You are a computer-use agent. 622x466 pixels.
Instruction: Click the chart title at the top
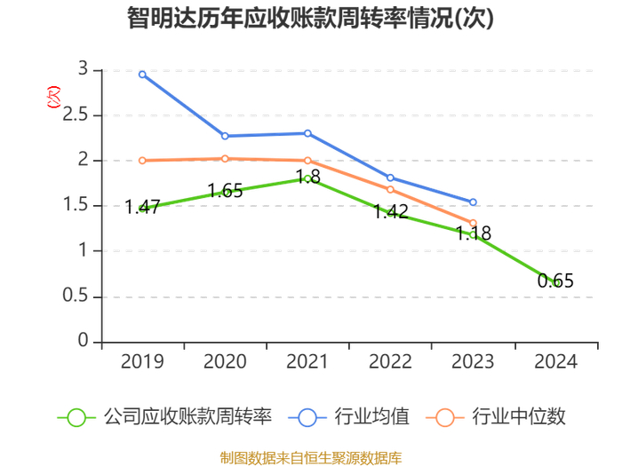pyautogui.click(x=310, y=18)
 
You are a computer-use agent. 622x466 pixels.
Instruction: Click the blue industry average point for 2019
pyautogui.click(x=142, y=75)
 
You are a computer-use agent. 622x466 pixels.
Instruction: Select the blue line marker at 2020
pyautogui.click(x=225, y=136)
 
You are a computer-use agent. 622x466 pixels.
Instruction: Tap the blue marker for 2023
pyautogui.click(x=473, y=202)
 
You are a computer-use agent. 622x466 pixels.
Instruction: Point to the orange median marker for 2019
pyautogui.click(x=142, y=161)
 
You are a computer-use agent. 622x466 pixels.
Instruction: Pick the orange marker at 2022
pyautogui.click(x=390, y=189)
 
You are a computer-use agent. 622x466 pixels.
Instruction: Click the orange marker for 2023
pyautogui.click(x=473, y=223)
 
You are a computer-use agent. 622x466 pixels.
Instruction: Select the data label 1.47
pyautogui.click(x=142, y=207)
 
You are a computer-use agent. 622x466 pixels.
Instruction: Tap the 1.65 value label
pyautogui.click(x=225, y=191)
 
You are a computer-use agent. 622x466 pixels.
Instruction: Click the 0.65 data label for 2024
pyautogui.click(x=555, y=281)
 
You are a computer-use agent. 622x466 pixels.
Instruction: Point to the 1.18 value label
pyautogui.click(x=473, y=233)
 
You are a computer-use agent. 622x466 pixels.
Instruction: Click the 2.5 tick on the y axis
pyautogui.click(x=76, y=115)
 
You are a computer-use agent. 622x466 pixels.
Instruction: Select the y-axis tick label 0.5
pyautogui.click(x=76, y=296)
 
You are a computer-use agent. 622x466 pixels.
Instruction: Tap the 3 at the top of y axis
pyautogui.click(x=83, y=69)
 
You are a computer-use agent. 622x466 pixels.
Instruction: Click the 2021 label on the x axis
pyautogui.click(x=307, y=362)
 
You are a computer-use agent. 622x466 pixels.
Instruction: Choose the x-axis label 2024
pyautogui.click(x=555, y=362)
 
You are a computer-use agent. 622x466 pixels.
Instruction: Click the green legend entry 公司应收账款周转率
pyautogui.click(x=165, y=417)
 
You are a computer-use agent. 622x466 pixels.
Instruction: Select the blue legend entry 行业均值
pyautogui.click(x=349, y=417)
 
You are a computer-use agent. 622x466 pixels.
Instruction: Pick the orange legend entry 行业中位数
pyautogui.click(x=496, y=417)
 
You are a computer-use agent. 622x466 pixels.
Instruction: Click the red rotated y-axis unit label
pyautogui.click(x=53, y=97)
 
